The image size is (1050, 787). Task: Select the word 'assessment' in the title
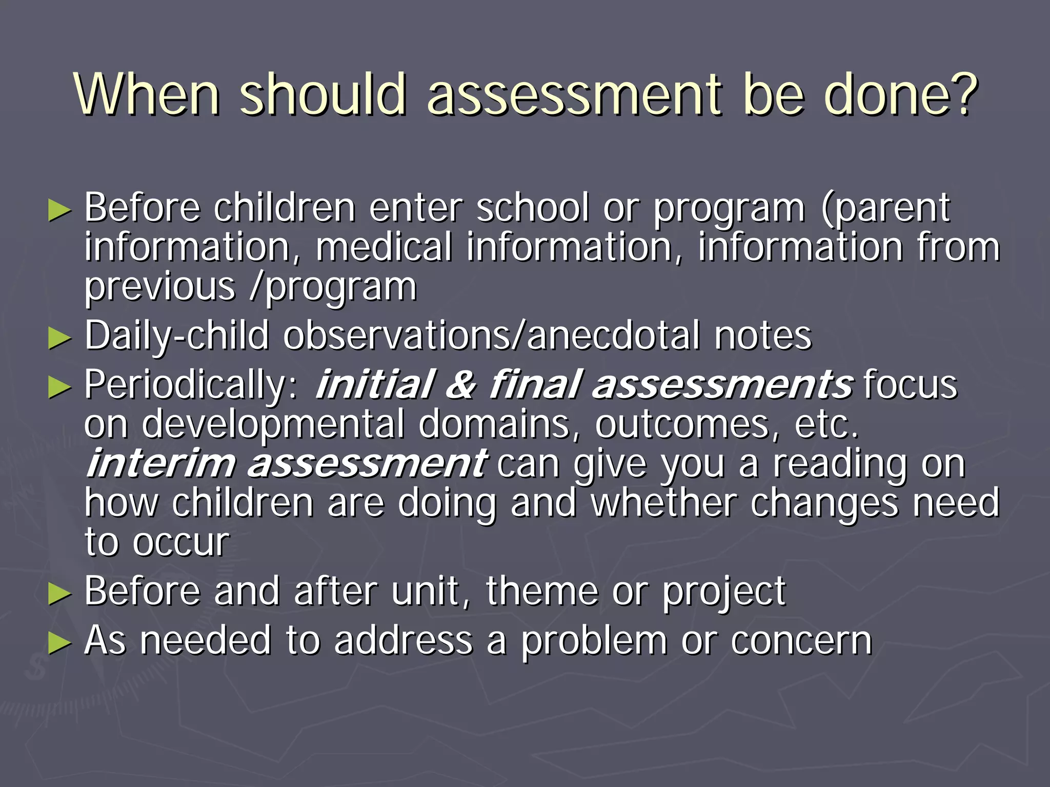(x=575, y=95)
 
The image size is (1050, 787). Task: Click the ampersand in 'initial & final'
(x=460, y=385)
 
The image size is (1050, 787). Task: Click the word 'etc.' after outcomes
(x=826, y=424)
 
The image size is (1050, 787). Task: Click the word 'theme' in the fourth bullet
(x=542, y=592)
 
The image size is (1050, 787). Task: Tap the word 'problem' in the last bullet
(x=594, y=641)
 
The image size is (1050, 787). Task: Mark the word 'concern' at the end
(x=801, y=641)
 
